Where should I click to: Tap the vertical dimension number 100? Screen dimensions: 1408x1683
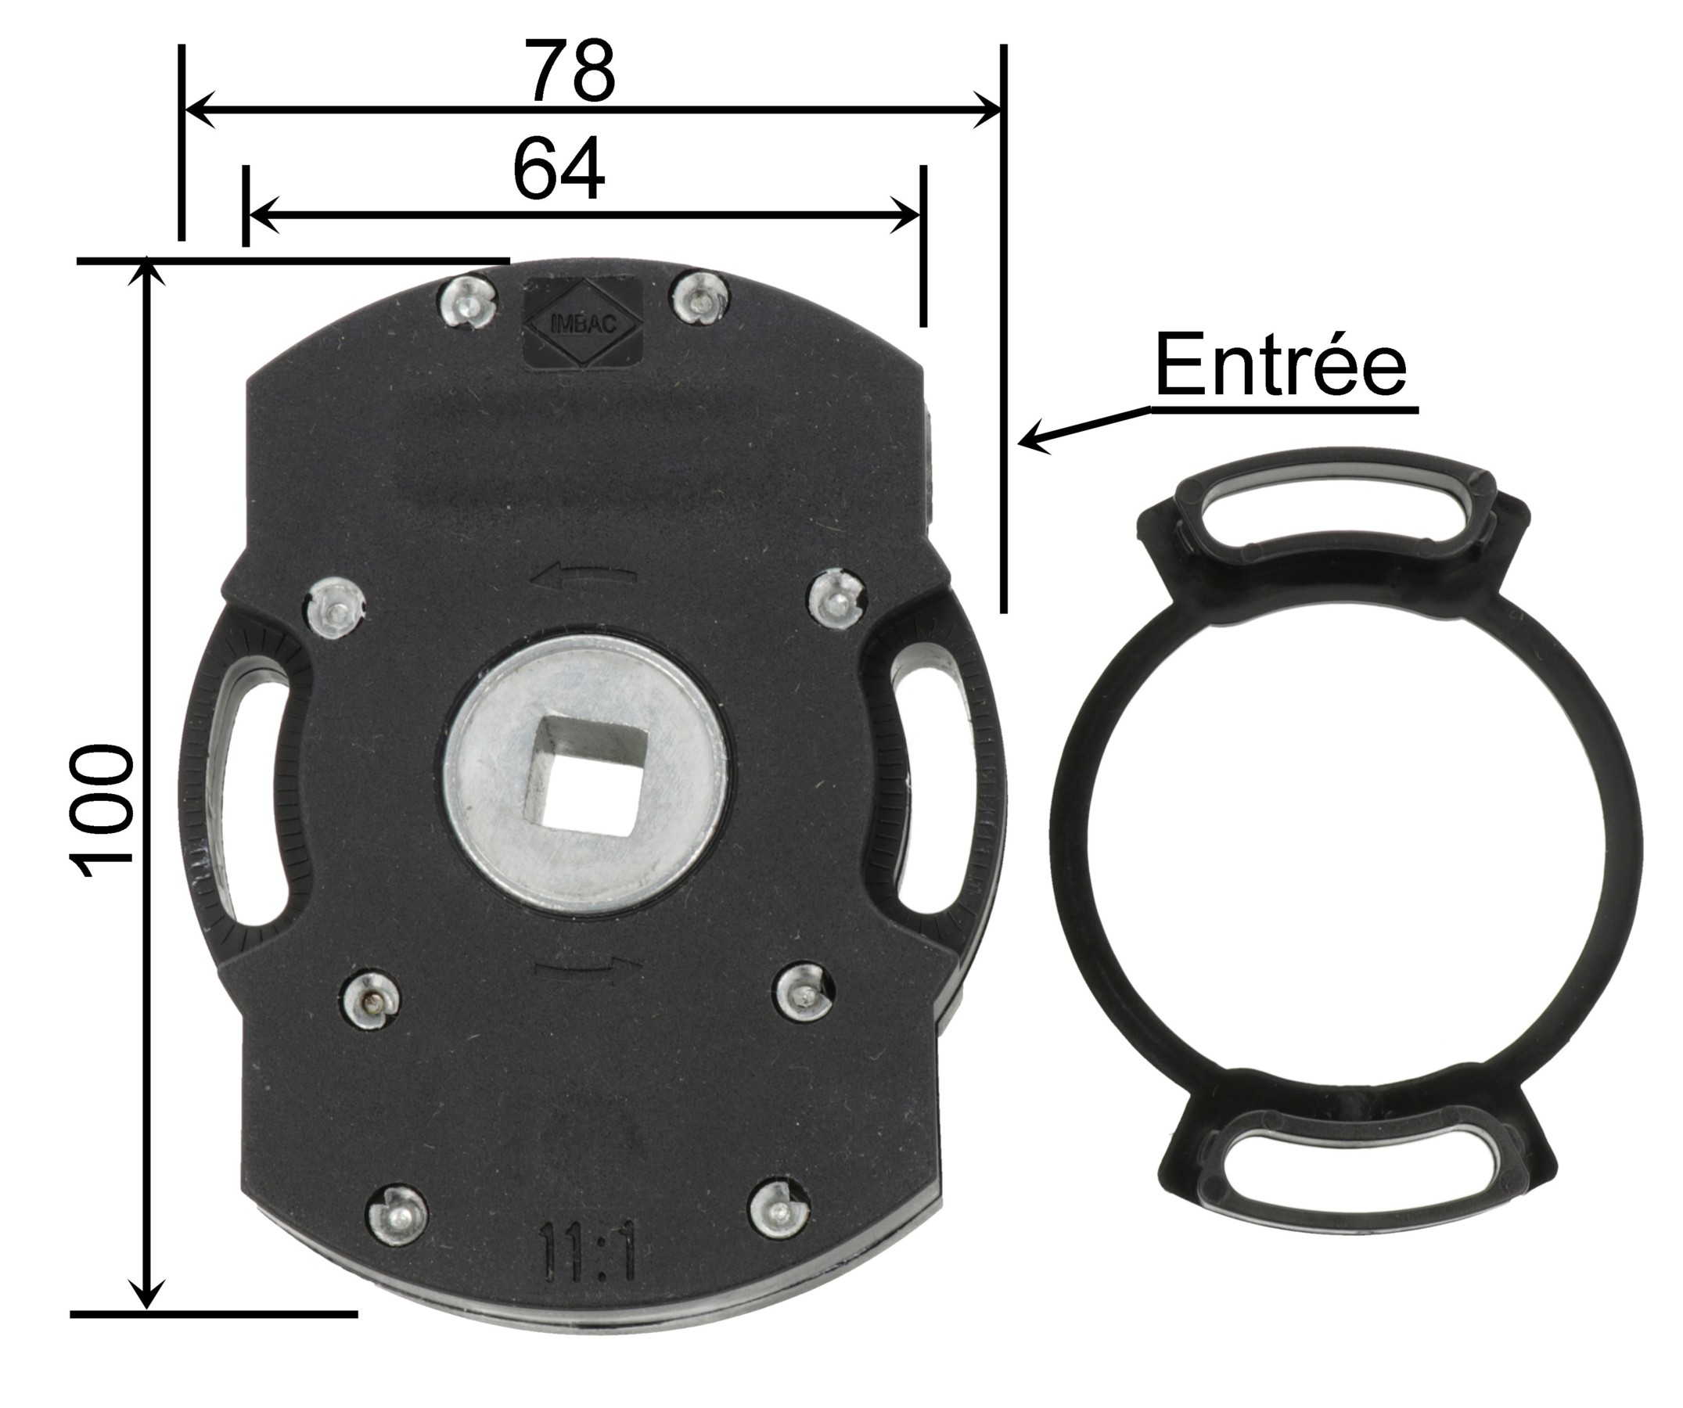coord(102,814)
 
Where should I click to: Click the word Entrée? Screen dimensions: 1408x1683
coord(1280,365)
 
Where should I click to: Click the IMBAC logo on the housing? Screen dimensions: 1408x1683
coord(583,324)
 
